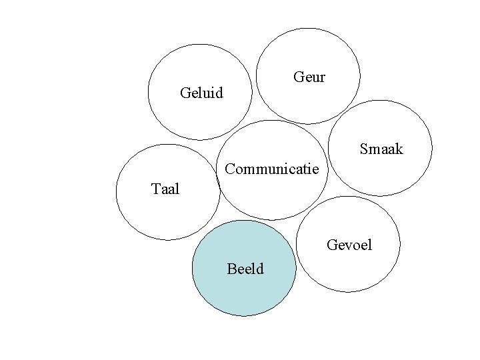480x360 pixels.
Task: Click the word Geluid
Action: coord(202,91)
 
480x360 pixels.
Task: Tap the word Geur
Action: coord(309,77)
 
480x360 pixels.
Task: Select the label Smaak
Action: coord(381,149)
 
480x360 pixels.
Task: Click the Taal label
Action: coord(165,189)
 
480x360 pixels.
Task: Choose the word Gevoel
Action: coord(349,246)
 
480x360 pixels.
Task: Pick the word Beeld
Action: coord(245,269)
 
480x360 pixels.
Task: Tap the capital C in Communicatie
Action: coord(230,168)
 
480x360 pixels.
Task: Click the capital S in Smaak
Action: coord(364,149)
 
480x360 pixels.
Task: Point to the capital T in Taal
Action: coord(155,189)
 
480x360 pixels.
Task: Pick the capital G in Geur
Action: coord(298,77)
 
